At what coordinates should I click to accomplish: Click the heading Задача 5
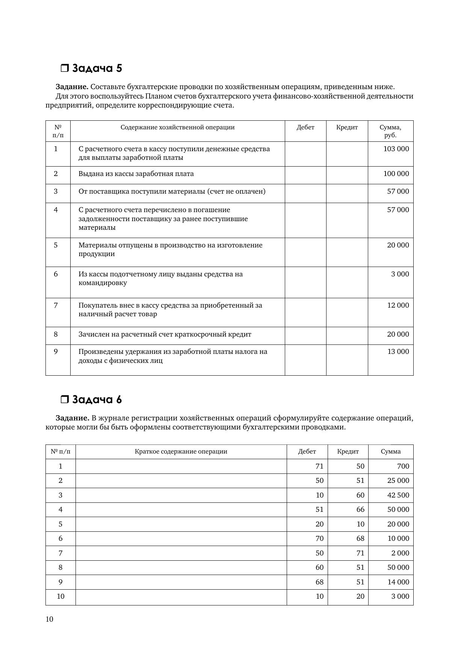click(x=97, y=68)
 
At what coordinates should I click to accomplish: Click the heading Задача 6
click(x=97, y=399)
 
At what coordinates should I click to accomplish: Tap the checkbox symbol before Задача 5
click(x=65, y=68)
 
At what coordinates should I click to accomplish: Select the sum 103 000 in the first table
click(x=396, y=149)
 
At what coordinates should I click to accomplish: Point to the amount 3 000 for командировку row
click(x=400, y=274)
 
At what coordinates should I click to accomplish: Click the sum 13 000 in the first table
click(x=398, y=352)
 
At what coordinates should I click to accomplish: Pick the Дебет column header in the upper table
click(x=305, y=127)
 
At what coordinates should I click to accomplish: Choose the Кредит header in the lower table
click(x=348, y=452)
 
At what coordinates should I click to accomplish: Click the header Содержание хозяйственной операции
click(x=177, y=127)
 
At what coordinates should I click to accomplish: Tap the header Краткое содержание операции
click(x=181, y=452)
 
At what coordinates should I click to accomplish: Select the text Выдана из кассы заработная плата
click(x=136, y=174)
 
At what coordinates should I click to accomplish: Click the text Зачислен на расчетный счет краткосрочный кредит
click(x=165, y=334)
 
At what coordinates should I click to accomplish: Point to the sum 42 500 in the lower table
click(x=398, y=495)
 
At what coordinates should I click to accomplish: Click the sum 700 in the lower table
click(x=403, y=466)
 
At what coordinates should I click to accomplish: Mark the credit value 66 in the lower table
click(x=360, y=510)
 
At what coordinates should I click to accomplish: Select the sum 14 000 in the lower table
click(x=398, y=582)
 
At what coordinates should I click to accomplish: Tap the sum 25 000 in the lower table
click(x=398, y=481)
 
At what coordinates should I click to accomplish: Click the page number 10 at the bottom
click(x=50, y=619)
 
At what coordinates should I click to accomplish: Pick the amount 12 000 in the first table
click(x=398, y=305)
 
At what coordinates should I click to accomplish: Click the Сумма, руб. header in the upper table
click(x=390, y=131)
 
